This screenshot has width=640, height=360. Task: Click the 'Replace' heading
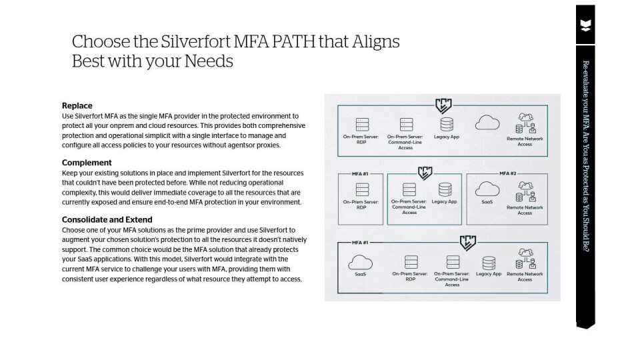tap(77, 105)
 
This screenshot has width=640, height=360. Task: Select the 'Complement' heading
tap(87, 163)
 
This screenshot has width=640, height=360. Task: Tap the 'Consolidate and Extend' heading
tap(107, 219)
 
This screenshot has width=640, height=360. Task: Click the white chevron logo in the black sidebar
tap(585, 26)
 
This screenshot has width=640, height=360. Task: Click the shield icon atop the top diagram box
tap(443, 105)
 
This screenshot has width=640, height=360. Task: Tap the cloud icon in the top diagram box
tap(487, 123)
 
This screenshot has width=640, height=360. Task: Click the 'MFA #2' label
tap(509, 173)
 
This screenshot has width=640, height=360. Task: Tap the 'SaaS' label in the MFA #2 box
tap(487, 201)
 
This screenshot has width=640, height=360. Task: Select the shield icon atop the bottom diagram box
tap(467, 242)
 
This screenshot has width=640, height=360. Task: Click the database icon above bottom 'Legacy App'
tap(489, 261)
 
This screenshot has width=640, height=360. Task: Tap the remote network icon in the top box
tap(525, 124)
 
